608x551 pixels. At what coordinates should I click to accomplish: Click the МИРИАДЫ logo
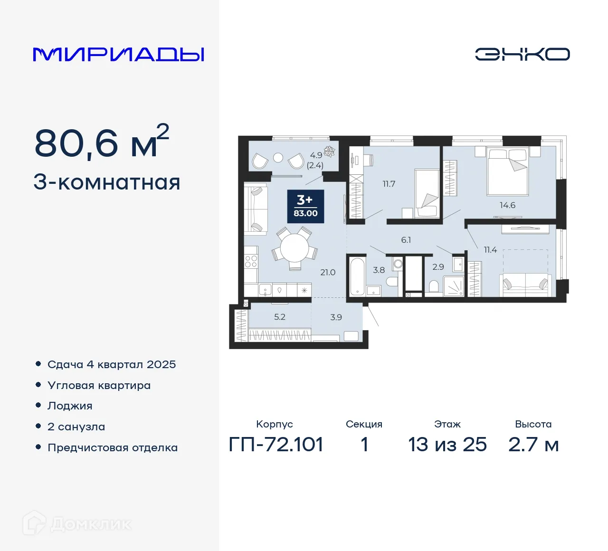tap(118, 55)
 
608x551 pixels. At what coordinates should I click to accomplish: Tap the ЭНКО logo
tap(522, 54)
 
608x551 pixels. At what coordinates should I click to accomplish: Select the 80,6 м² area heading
tap(102, 142)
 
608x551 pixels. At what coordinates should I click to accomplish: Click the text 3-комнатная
tap(107, 182)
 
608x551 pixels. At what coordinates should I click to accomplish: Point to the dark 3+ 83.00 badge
tap(305, 207)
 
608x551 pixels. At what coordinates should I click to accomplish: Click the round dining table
tap(294, 248)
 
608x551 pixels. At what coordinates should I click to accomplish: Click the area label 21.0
tap(328, 272)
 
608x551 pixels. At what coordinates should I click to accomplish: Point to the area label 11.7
tap(389, 184)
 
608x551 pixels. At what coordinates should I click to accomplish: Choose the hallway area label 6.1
tap(406, 240)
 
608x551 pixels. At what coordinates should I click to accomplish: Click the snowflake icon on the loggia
tap(329, 152)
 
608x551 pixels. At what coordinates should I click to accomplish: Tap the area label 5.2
tap(280, 317)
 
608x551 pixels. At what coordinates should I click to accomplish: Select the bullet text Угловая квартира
tap(99, 385)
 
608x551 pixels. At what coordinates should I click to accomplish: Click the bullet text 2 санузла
tap(76, 427)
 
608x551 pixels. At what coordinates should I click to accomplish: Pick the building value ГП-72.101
tap(276, 445)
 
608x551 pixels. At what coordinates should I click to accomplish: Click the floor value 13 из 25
tap(447, 445)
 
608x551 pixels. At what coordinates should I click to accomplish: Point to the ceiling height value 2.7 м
tap(533, 445)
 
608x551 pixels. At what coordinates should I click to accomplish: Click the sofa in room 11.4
tap(525, 284)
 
